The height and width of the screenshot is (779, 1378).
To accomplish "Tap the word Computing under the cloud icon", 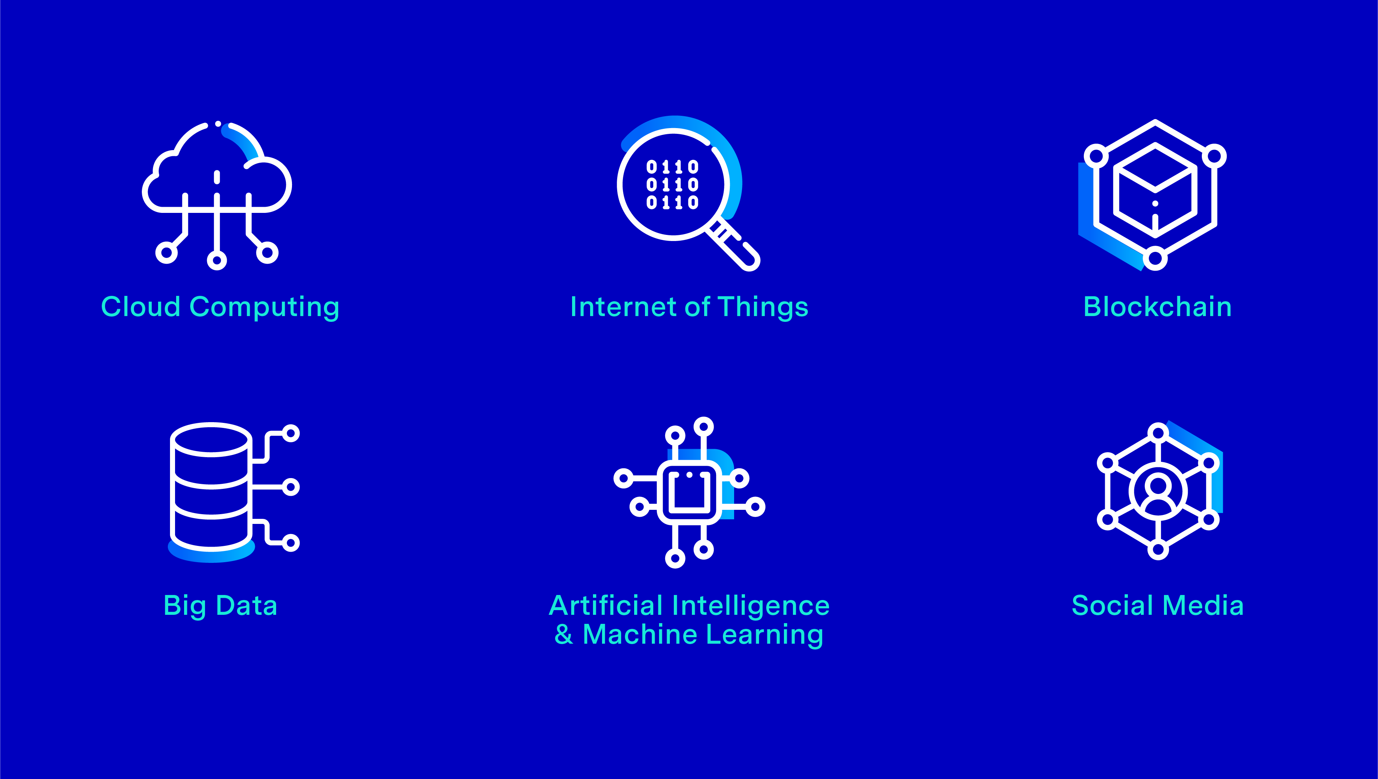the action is tap(264, 308).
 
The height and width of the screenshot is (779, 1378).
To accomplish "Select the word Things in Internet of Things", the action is tap(763, 308).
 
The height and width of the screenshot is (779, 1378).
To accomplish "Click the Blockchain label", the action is tap(1157, 307).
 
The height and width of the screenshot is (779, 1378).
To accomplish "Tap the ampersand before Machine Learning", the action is tap(563, 635).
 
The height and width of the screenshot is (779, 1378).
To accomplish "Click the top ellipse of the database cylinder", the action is tap(212, 440).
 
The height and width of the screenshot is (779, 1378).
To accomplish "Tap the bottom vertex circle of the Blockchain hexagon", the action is tap(1155, 259).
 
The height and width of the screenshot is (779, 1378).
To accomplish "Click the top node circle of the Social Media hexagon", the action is tap(1158, 432).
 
